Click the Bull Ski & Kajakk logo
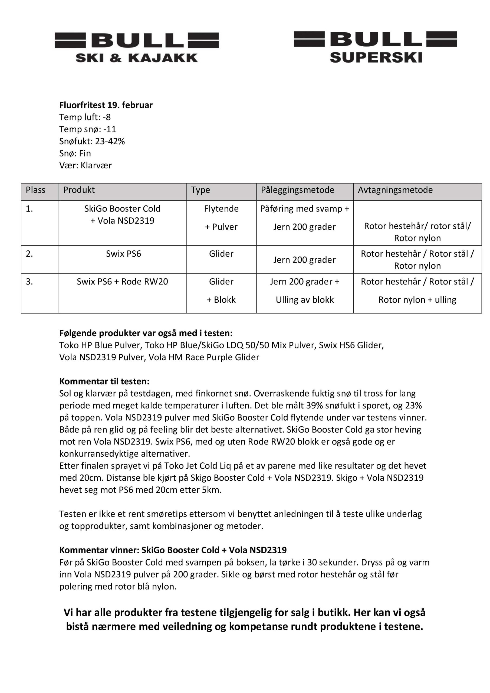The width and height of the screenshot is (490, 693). coord(137,47)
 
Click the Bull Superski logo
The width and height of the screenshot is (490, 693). coord(375,47)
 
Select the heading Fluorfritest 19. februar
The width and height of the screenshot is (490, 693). coord(106,105)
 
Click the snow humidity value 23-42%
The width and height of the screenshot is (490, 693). coord(110,141)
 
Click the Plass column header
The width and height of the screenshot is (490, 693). coord(36,190)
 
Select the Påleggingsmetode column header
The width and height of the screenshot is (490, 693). coord(298,190)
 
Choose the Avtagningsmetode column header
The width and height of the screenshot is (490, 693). coord(395,190)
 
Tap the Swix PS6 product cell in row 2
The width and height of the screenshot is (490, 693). coord(123,254)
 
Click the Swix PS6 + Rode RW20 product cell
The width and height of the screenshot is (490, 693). coord(122,282)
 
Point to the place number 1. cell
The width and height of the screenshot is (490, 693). coord(29,208)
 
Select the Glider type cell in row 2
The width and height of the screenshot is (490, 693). coord(221,254)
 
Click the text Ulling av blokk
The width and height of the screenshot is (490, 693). coord(305,300)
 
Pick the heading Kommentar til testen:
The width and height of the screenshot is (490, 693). coord(104,381)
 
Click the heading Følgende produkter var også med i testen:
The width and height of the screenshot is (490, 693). coord(146,333)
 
